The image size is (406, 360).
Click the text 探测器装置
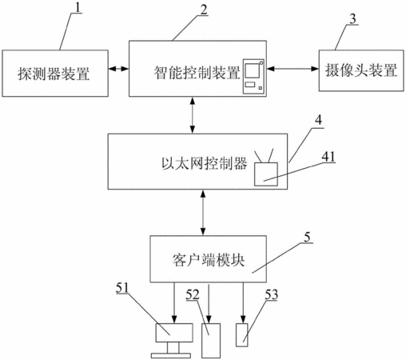coord(54,74)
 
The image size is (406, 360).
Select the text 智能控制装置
coord(197,72)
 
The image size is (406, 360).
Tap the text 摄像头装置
coord(361,70)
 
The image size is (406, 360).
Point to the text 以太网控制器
coord(204,163)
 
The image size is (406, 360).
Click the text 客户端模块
coord(209,259)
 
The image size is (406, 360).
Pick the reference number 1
coord(78,7)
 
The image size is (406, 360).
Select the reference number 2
coord(203,10)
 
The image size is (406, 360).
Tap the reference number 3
coord(352,19)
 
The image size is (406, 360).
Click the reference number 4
coord(318,120)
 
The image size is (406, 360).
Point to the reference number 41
coord(328,157)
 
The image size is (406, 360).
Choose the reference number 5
coord(307,237)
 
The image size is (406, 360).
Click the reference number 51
coord(122,288)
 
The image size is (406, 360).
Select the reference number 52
coord(193,294)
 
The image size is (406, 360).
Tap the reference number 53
coord(271,294)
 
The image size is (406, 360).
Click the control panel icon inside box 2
coord(253,77)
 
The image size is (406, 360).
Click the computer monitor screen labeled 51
coord(174,333)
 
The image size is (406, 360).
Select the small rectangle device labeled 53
coord(242,335)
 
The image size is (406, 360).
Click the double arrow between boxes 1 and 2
coord(118,69)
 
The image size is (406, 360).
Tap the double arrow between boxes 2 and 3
coord(293,69)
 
